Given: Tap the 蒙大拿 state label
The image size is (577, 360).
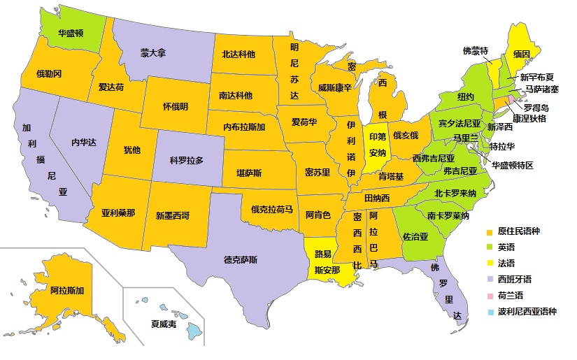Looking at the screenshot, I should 152,53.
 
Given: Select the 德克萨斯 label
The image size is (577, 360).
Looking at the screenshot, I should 241,260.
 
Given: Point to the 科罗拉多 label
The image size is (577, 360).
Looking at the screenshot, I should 187,160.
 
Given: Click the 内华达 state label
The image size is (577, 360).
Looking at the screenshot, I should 84,142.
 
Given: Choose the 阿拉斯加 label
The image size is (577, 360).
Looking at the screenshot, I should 67,290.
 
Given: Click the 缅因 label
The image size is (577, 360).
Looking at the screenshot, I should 521,54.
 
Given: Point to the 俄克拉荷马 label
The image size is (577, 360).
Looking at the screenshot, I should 272,208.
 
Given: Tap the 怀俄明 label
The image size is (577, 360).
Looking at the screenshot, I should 175,107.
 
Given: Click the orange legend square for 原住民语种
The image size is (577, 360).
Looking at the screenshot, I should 490,231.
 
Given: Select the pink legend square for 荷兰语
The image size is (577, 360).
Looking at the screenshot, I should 490,296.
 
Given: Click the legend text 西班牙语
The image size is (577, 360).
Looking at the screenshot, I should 515,280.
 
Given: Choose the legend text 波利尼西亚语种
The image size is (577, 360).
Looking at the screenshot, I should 527,312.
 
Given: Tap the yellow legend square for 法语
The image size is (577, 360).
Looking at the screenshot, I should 490,264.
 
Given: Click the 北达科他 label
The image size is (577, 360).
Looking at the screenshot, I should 238,54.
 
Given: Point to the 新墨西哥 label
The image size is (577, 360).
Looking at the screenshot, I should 173,215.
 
